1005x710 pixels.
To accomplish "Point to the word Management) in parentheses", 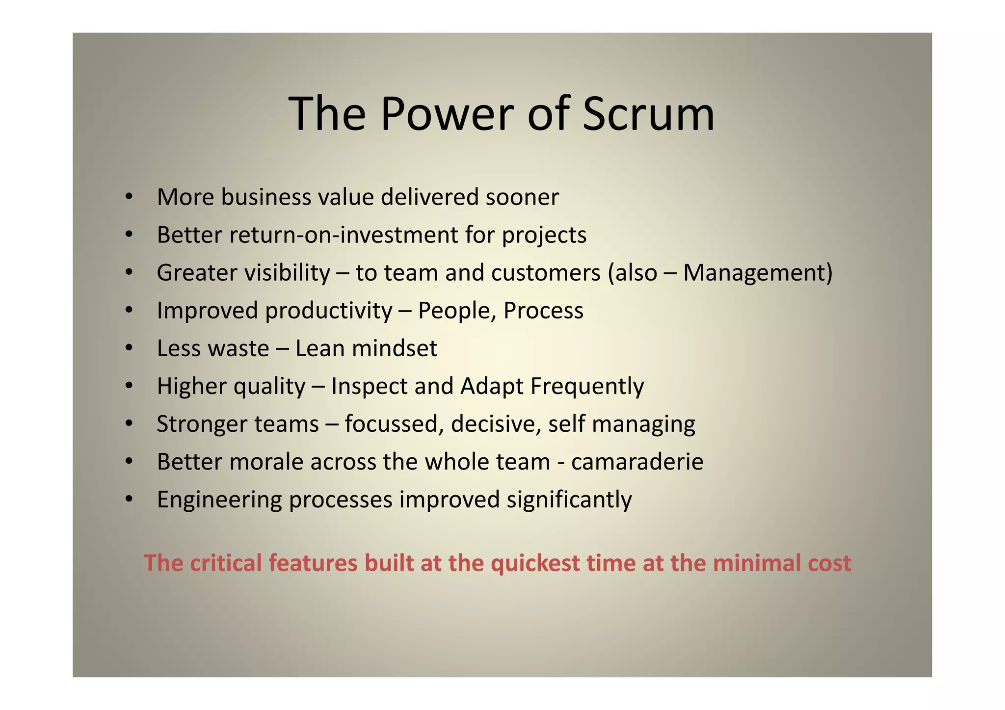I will pyautogui.click(x=758, y=273).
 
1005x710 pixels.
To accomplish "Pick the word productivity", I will pyautogui.click(x=329, y=311).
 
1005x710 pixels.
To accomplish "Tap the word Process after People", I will pyautogui.click(x=543, y=311).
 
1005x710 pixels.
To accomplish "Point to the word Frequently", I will pyautogui.click(x=587, y=387).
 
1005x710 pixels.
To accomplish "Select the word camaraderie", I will pyautogui.click(x=637, y=462).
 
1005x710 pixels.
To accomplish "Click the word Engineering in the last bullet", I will pyautogui.click(x=219, y=500).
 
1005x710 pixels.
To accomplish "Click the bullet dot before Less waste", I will pyautogui.click(x=129, y=349).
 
